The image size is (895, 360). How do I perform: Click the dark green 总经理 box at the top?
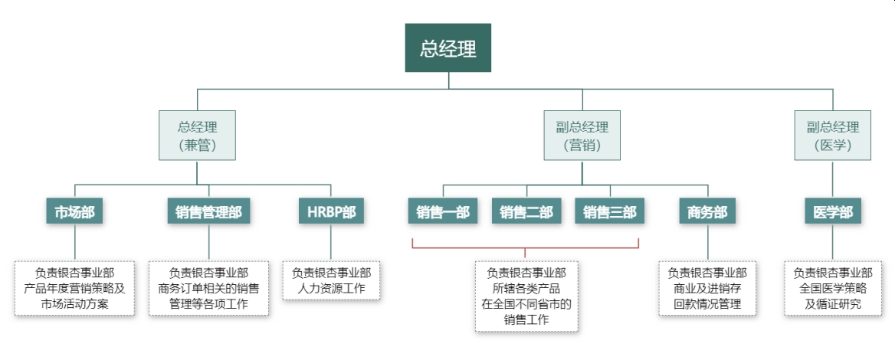tap(447, 47)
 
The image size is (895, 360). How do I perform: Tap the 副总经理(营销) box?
tap(582, 136)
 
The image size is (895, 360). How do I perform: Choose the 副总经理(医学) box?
tap(832, 136)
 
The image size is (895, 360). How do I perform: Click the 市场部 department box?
tap(74, 212)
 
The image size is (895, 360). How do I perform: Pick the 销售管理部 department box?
tap(208, 212)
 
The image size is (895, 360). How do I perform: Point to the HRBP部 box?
tap(331, 212)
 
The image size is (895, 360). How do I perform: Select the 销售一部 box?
tap(443, 212)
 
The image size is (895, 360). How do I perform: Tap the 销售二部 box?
tap(526, 212)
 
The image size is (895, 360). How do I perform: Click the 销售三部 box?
tap(610, 212)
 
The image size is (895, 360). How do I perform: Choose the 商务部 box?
tap(707, 212)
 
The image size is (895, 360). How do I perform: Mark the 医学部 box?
tap(832, 212)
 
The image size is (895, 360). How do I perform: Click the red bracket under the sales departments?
tap(526, 247)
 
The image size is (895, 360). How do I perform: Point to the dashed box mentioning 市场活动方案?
tap(74, 288)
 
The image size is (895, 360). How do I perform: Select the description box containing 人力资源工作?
tap(331, 280)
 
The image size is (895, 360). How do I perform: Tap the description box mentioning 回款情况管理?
tap(707, 288)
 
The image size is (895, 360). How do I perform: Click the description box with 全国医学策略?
tap(832, 288)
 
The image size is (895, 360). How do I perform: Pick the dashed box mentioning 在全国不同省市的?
tap(526, 296)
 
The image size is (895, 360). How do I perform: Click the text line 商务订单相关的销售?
tap(208, 289)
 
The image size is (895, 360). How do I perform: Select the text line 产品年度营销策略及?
tap(74, 289)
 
